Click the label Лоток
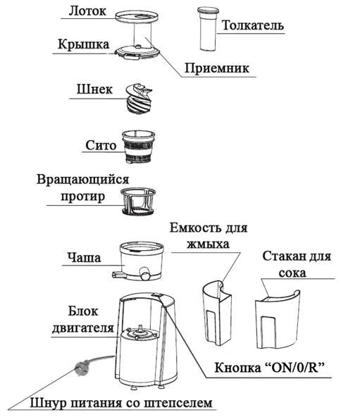[87, 11]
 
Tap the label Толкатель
[252, 25]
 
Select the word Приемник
[217, 68]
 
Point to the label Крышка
[84, 44]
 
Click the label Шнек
[94, 89]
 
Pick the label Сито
[101, 146]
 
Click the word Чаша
[84, 258]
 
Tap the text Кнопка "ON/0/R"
[270, 368]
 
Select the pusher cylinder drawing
[208, 29]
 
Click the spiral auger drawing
[139, 99]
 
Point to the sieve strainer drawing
[138, 147]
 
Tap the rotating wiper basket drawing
[138, 201]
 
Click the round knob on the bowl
[146, 275]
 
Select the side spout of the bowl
[118, 274]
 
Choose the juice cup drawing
[278, 320]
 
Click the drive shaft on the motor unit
[139, 329]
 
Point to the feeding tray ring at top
[137, 16]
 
